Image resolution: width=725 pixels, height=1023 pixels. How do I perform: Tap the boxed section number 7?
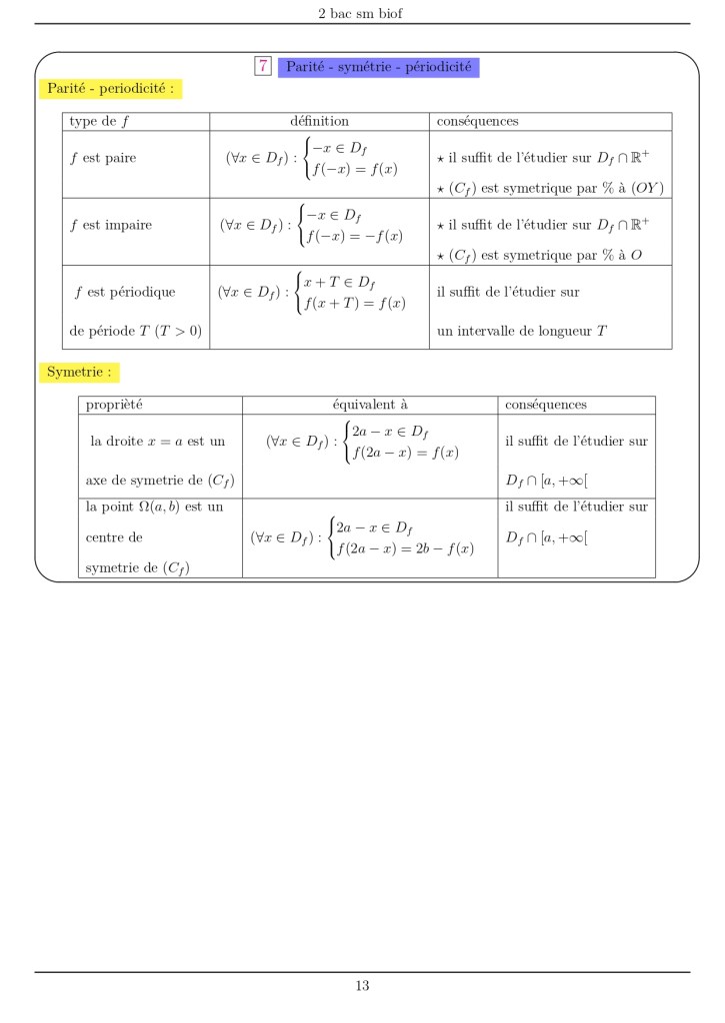click(x=263, y=67)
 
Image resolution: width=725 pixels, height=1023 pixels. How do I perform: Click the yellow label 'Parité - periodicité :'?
click(x=110, y=89)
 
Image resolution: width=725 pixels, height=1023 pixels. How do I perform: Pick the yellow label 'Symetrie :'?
click(x=80, y=373)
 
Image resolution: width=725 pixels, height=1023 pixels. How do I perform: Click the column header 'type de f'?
click(x=99, y=121)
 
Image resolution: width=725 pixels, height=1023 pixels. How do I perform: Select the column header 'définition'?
click(x=319, y=121)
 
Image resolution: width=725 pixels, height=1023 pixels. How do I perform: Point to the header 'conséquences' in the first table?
click(x=477, y=121)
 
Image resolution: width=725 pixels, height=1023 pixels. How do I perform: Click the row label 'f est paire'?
click(x=103, y=158)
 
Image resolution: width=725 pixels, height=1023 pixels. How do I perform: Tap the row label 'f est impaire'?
click(x=111, y=225)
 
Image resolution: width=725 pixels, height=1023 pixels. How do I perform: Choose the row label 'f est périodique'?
click(x=125, y=292)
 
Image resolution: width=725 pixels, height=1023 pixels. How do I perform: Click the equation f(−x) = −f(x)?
click(x=354, y=236)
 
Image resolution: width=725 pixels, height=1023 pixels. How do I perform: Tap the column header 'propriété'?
click(x=114, y=405)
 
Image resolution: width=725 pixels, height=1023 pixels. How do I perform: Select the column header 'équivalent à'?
click(x=370, y=405)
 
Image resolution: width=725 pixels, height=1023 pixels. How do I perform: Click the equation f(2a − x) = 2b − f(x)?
click(x=405, y=549)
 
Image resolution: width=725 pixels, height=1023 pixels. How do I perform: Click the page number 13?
click(x=362, y=986)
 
